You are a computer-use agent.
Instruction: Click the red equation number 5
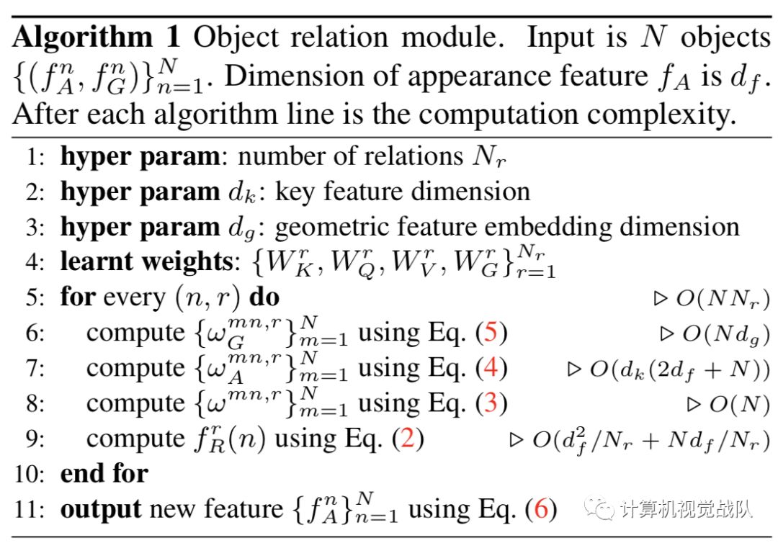pos(490,333)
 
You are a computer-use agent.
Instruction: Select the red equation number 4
pos(490,368)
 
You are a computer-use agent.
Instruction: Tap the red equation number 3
pos(490,403)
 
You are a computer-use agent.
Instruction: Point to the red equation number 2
pos(407,439)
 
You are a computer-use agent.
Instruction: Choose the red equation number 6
pos(540,509)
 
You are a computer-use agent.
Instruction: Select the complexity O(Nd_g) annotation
pos(721,333)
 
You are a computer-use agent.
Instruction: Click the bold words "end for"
pos(104,474)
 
